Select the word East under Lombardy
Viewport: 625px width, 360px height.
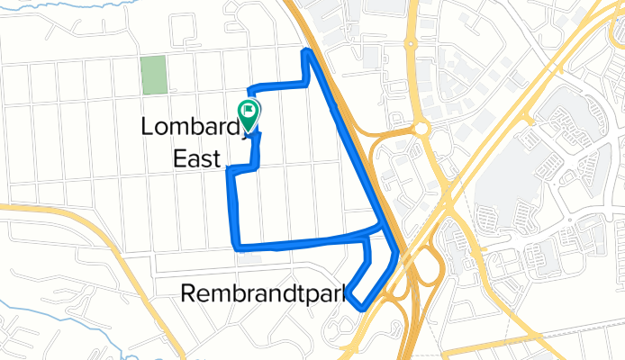click(196, 159)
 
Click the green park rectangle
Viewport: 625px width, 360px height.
click(154, 76)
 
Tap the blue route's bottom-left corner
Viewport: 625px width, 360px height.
click(237, 246)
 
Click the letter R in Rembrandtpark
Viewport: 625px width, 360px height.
click(189, 292)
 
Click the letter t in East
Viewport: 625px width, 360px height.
click(216, 159)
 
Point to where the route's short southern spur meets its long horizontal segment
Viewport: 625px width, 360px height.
click(368, 238)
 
